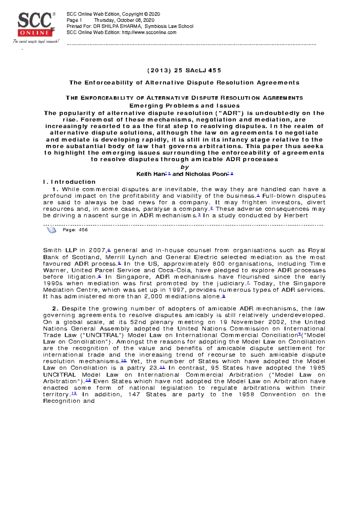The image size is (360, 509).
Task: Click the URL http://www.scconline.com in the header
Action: (x=149, y=32)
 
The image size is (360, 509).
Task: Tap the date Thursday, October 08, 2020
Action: (x=124, y=20)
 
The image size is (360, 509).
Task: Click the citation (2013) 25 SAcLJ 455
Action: (x=184, y=70)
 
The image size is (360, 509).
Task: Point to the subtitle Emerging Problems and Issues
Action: (x=184, y=106)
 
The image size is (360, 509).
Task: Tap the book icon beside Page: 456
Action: (x=51, y=230)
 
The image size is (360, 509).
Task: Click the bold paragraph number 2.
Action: (x=55, y=309)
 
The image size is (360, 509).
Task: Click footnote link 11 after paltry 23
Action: (x=162, y=368)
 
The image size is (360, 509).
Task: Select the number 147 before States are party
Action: (x=134, y=394)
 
